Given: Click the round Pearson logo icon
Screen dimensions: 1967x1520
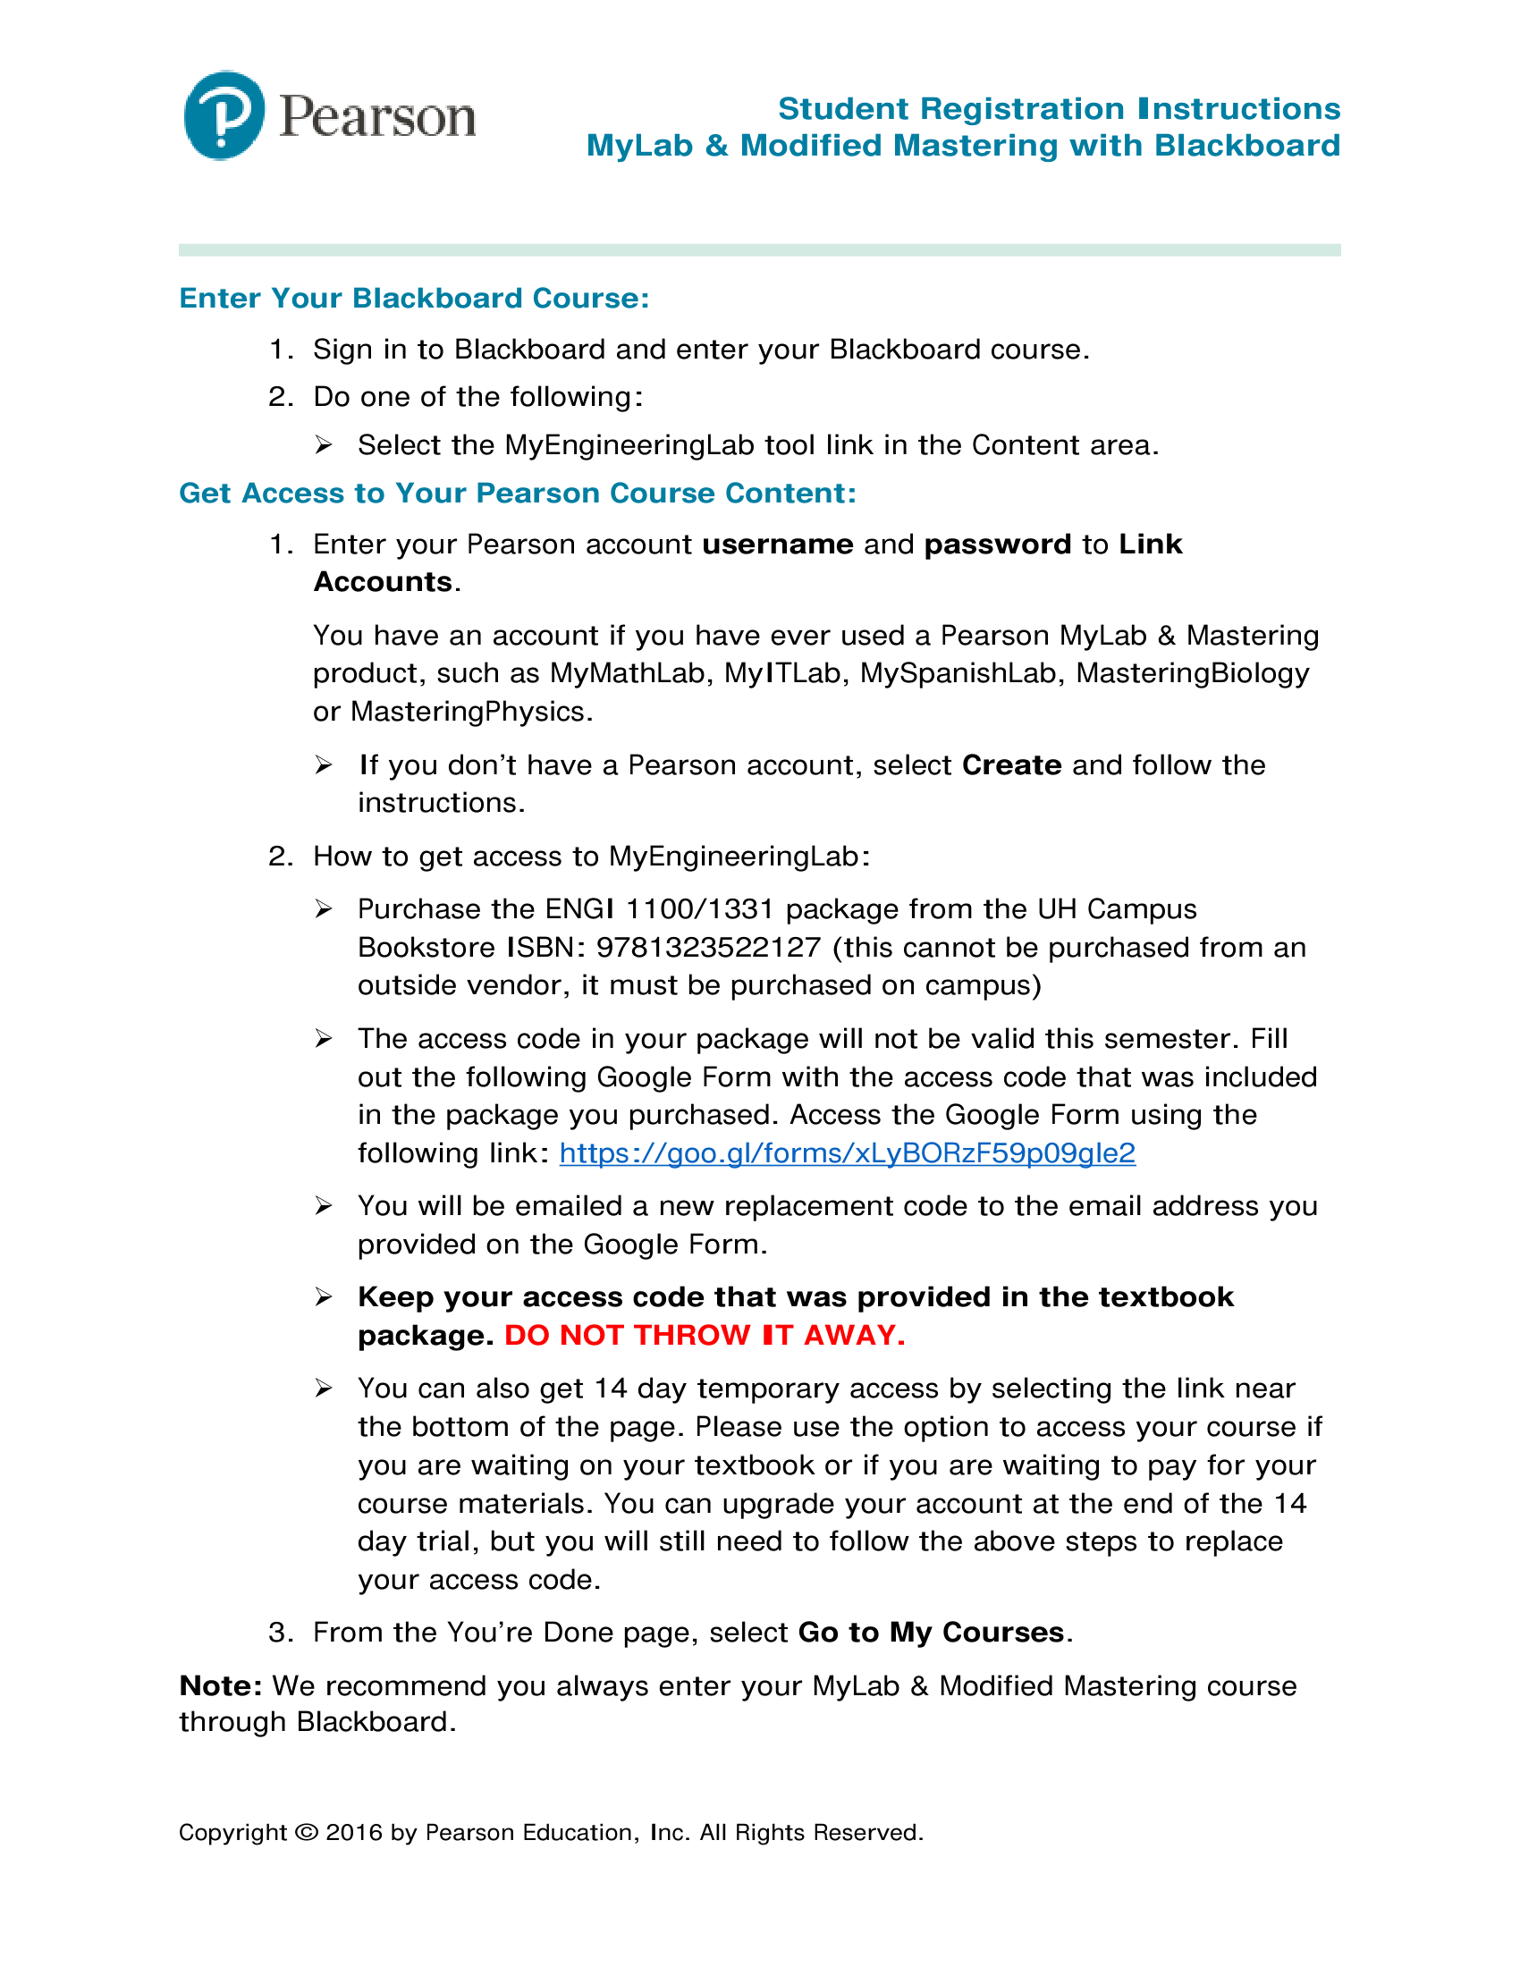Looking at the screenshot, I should tap(224, 115).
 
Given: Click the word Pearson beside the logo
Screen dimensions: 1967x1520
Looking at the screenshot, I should tap(377, 117).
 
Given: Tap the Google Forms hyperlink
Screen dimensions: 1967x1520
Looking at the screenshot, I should tap(847, 1152).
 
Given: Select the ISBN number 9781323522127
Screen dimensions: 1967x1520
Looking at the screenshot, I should tap(709, 948).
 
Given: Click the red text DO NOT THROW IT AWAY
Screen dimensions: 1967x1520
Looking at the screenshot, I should tap(705, 1335).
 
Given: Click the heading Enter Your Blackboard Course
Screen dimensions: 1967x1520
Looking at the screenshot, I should tap(413, 298).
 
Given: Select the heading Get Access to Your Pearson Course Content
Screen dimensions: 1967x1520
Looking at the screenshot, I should tap(517, 493).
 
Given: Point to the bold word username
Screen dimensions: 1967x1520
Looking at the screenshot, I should tap(777, 545).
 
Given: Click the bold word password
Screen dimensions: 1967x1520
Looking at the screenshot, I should tap(998, 545).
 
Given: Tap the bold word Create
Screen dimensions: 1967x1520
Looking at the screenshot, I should tap(1011, 765).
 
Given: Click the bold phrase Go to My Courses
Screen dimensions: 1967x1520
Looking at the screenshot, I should tap(931, 1633).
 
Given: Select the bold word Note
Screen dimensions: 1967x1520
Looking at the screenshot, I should tap(220, 1686).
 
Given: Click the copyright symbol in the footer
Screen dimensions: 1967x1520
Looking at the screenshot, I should tap(306, 1833).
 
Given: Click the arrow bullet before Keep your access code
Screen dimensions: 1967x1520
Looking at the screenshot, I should tap(325, 1297).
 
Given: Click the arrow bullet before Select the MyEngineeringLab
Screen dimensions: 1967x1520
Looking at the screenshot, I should tap(325, 445).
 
